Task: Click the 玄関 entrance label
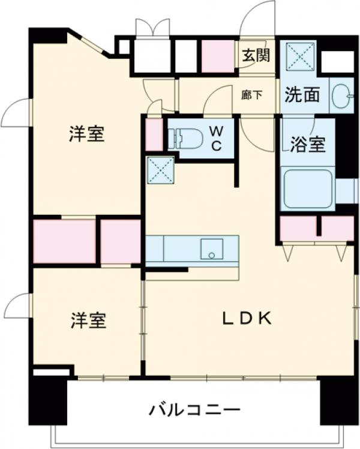click(256, 55)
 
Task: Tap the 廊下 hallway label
click(251, 95)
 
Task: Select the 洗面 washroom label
click(302, 95)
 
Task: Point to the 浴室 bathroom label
click(308, 145)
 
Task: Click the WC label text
click(216, 139)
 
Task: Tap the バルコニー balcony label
click(195, 411)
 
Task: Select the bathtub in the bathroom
click(308, 188)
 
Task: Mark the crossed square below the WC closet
click(160, 170)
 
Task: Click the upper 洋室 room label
click(86, 134)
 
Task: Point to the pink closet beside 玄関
click(217, 56)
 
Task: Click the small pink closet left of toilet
click(154, 135)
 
